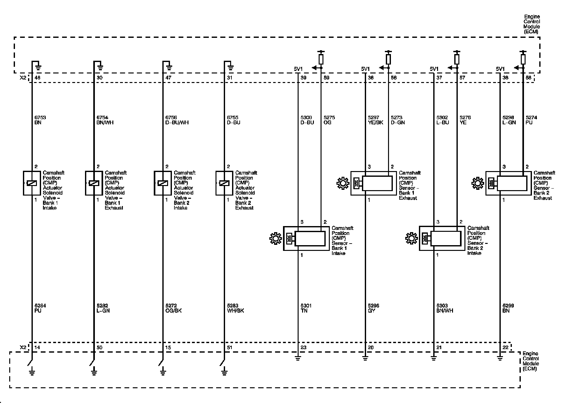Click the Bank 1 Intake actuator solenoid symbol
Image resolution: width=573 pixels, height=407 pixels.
(32, 183)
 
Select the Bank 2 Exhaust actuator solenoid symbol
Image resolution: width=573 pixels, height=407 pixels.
(224, 183)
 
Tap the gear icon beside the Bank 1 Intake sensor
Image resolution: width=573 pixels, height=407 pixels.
(275, 238)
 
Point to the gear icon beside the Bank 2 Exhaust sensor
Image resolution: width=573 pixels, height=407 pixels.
(477, 183)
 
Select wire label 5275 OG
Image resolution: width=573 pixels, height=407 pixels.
(329, 120)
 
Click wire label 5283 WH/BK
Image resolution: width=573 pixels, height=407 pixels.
(235, 308)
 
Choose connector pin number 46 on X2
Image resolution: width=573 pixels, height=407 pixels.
(37, 78)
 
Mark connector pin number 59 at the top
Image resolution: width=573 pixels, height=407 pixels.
(326, 78)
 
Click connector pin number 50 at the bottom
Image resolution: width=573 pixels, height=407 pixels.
(99, 348)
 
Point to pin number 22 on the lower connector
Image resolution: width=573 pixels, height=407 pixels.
(505, 348)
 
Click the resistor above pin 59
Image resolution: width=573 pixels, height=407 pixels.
(321, 59)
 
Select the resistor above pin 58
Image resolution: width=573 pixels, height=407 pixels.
(523, 59)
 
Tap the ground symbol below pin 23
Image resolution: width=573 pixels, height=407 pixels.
(298, 358)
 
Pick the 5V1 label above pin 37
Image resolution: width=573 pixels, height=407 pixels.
(434, 69)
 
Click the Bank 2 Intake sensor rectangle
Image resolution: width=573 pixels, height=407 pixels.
(446, 238)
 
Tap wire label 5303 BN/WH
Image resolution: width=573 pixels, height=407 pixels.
(444, 308)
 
